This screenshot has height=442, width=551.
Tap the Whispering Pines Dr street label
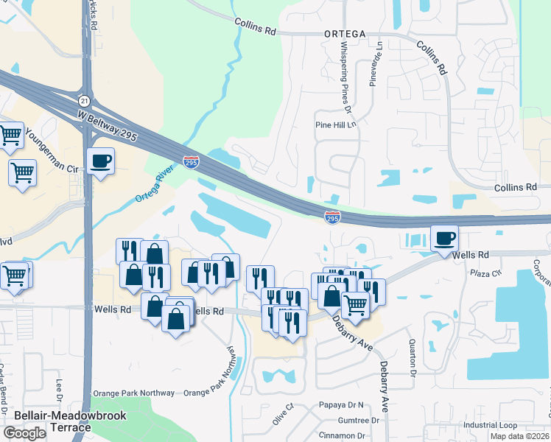344,78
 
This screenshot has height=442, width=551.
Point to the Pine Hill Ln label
335,125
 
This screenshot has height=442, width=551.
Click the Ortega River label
155,189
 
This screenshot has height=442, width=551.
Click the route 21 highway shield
85,100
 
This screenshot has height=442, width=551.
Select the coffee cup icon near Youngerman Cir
100,160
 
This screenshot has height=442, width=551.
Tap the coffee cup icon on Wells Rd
444,238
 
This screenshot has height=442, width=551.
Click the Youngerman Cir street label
52,152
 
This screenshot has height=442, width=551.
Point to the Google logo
24,433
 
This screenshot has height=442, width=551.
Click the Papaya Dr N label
342,405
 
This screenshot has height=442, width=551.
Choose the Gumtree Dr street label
358,421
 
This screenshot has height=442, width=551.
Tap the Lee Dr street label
60,390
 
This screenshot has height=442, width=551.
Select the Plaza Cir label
485,272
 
